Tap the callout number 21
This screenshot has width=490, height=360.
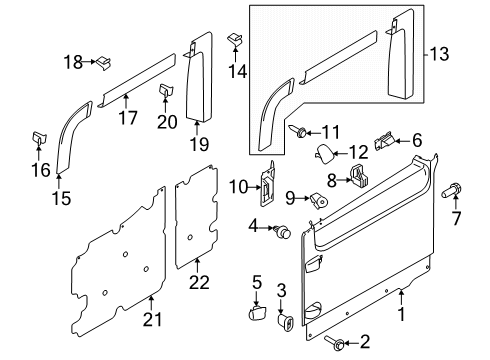pyautogui.click(x=152, y=318)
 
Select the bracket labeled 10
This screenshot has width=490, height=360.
pyautogui.click(x=268, y=186)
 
